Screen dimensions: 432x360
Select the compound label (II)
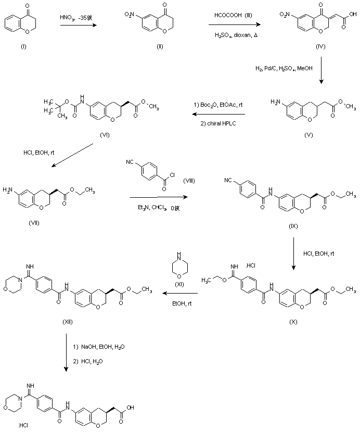(x=160, y=46)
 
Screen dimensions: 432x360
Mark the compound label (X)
(x=293, y=322)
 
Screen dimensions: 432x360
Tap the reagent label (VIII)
(x=189, y=180)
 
